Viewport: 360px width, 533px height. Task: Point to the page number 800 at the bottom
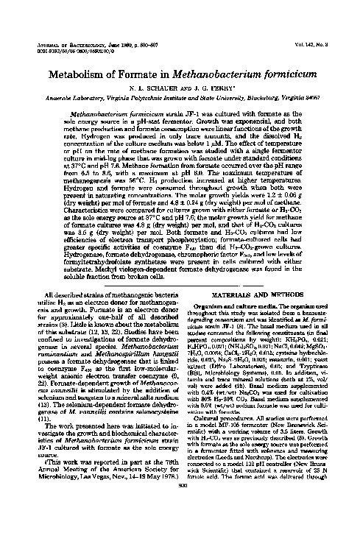coord(181,520)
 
